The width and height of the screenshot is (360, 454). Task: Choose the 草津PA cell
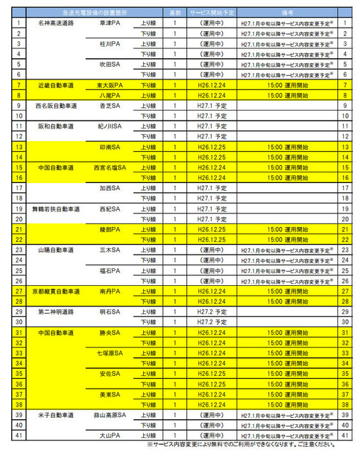coord(111,23)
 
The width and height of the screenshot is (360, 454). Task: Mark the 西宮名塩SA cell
coord(111,167)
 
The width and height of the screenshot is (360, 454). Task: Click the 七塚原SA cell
coord(111,353)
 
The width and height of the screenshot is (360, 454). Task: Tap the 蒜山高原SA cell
coord(111,414)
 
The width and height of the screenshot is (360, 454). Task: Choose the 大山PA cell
coord(111,434)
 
